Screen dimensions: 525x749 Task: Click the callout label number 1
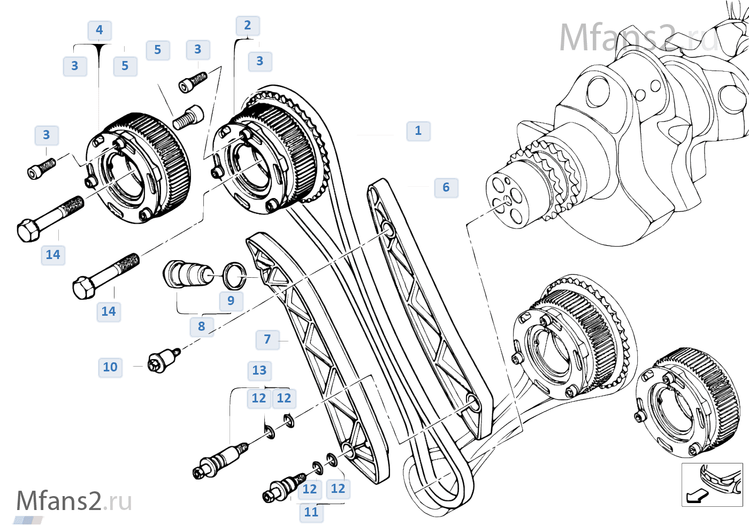[x=418, y=131]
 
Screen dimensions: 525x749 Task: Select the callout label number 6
[x=446, y=187]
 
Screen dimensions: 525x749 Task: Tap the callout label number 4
[x=100, y=30]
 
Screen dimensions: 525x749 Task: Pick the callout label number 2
[x=248, y=25]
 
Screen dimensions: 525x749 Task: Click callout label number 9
[x=231, y=301]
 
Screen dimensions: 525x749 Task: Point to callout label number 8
[x=202, y=326]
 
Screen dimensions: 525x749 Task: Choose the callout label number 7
[x=267, y=339]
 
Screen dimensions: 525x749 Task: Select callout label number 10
[x=110, y=367]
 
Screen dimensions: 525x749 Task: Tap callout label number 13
[x=259, y=370]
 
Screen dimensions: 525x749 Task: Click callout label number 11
[x=311, y=512]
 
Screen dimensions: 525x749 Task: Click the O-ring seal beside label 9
[x=234, y=275]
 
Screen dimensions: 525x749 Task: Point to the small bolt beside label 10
[x=163, y=359]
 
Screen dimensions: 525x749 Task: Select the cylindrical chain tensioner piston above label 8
[x=188, y=273]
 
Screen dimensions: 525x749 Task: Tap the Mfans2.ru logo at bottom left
[x=74, y=502]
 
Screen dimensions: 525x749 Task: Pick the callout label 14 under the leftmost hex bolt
[x=53, y=255]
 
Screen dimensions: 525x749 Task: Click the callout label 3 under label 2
[x=260, y=61]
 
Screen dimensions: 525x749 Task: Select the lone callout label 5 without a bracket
[x=158, y=50]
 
